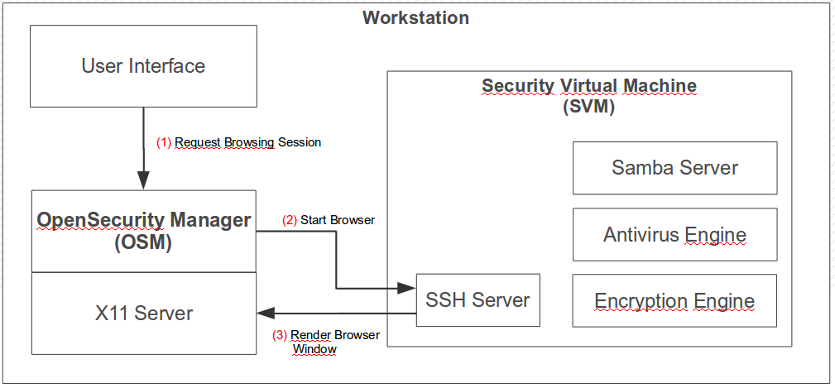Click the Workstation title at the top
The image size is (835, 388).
(x=415, y=17)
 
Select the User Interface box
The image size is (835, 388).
(x=143, y=65)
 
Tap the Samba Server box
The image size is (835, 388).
(x=674, y=168)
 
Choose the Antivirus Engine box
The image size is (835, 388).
(x=674, y=235)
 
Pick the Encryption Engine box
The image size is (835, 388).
(x=674, y=300)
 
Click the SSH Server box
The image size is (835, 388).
(x=477, y=299)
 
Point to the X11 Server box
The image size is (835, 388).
(x=144, y=313)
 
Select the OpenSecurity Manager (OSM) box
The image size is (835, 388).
(x=144, y=231)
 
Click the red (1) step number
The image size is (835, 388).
(x=164, y=142)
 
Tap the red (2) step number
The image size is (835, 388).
(x=289, y=220)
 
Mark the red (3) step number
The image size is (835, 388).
(x=280, y=336)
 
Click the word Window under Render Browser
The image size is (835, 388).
(x=314, y=349)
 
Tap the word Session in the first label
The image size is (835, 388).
(x=300, y=142)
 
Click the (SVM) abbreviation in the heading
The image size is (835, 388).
(x=588, y=107)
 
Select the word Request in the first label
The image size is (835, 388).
(x=198, y=142)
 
